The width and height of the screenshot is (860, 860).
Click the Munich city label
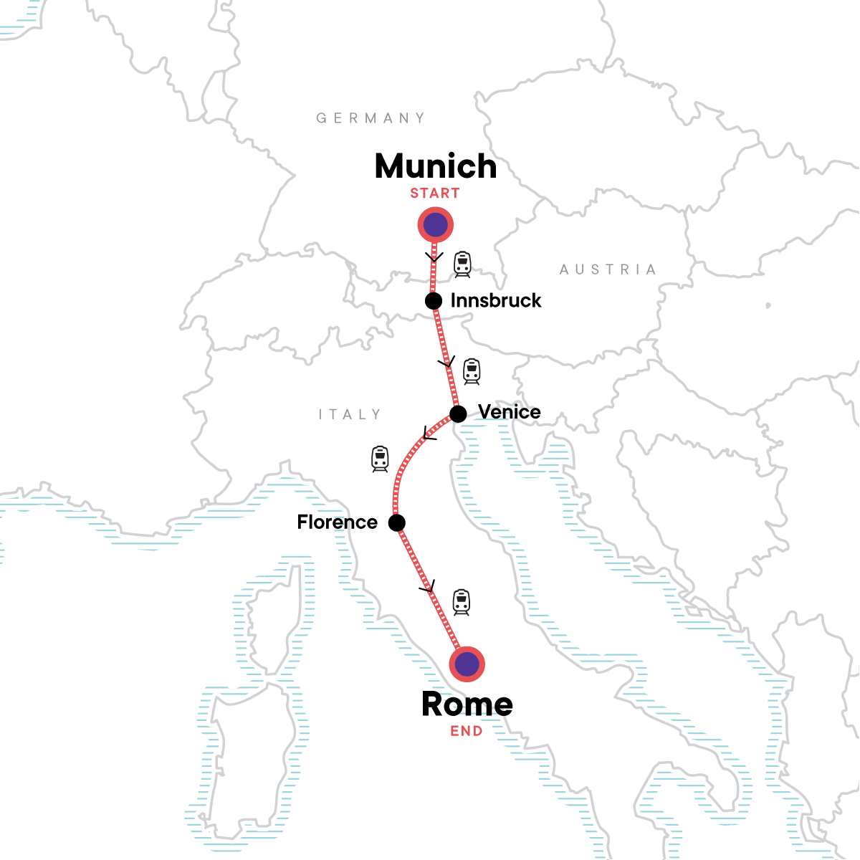435,166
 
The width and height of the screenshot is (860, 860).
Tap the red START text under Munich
435,193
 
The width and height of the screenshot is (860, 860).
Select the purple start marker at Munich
436,225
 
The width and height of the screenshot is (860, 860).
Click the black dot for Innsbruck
434,301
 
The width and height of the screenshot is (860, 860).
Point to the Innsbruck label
496,301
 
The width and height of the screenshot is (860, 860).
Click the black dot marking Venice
458,414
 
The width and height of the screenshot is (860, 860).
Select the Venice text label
510,412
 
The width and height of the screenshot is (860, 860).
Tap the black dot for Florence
397,523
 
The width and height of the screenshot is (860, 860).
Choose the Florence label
337,522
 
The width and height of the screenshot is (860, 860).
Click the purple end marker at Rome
467,664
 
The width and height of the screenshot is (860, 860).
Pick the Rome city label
467,704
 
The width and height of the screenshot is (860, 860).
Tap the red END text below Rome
467,732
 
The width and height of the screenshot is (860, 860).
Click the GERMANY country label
371,118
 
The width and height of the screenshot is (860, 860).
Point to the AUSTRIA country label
608,269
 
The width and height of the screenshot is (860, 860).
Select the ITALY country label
350,414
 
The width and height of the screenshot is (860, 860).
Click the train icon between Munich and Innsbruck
463,264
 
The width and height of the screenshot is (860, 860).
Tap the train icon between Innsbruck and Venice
472,371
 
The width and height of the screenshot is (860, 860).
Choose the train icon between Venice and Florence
380,459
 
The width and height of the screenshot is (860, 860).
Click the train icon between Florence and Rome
462,602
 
